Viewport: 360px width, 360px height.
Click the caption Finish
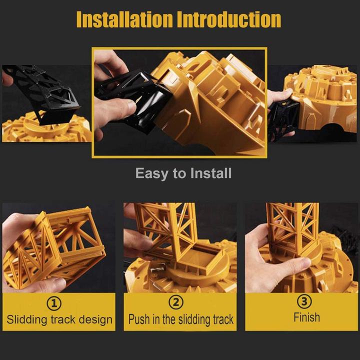click(306, 317)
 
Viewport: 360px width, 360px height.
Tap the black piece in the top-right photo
click(280, 117)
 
